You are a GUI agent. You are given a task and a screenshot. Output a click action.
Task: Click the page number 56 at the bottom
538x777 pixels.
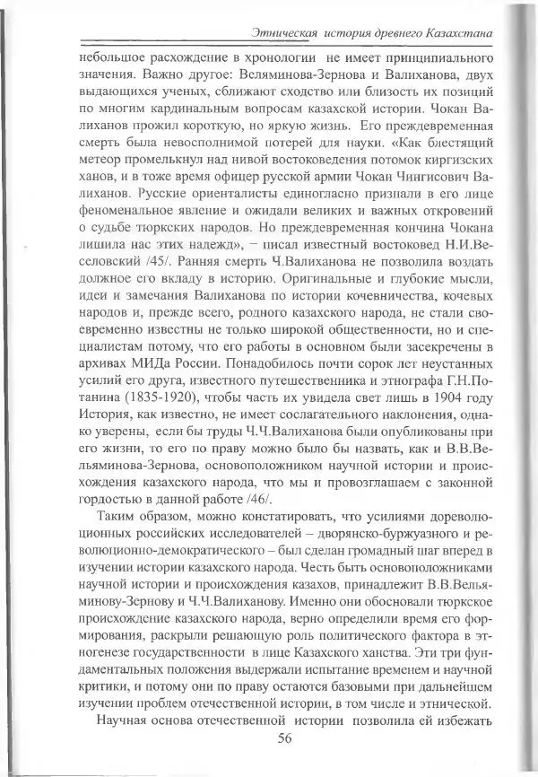286,738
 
